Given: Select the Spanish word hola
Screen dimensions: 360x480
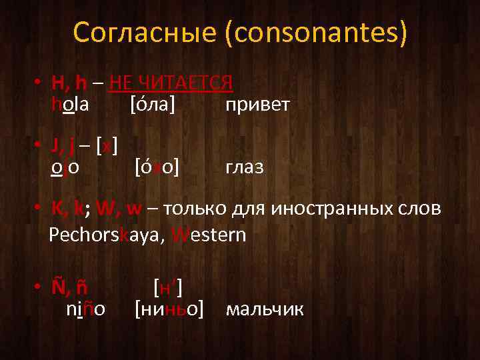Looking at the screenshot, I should pyautogui.click(x=71, y=104).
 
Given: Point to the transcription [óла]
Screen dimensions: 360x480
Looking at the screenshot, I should pyautogui.click(x=153, y=104).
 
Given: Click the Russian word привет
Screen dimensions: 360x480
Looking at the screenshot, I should pyautogui.click(x=257, y=105).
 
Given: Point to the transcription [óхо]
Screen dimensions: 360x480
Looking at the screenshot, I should pyautogui.click(x=157, y=166).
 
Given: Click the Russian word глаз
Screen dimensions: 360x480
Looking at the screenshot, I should pyautogui.click(x=245, y=167).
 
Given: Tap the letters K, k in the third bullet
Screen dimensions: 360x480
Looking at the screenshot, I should pyautogui.click(x=67, y=209).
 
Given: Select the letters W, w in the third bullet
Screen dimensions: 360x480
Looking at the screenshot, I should pyautogui.click(x=119, y=209).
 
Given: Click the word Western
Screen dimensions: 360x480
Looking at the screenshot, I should pyautogui.click(x=209, y=235).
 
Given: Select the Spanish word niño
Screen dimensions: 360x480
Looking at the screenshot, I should pyautogui.click(x=86, y=309).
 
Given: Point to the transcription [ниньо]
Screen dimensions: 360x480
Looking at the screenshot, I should pyautogui.click(x=169, y=309).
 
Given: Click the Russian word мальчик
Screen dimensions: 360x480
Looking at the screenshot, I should pyautogui.click(x=265, y=309).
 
